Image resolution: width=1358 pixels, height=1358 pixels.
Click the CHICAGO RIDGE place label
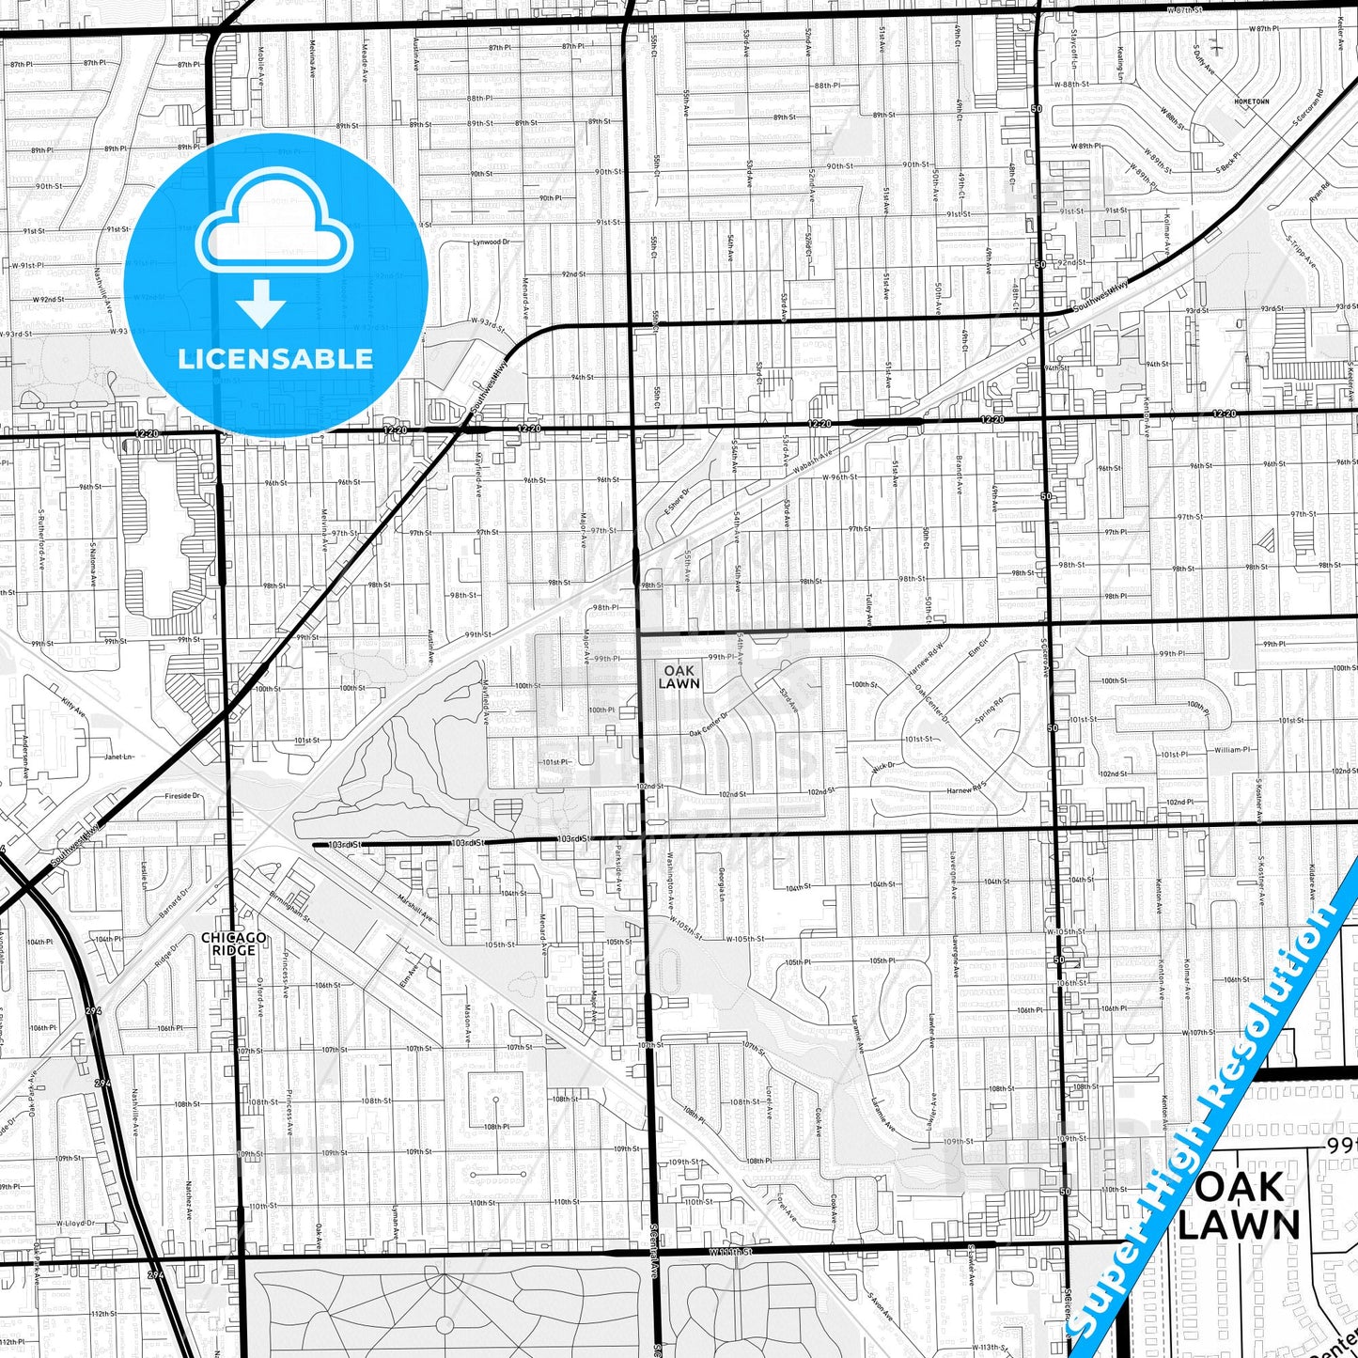click(x=234, y=944)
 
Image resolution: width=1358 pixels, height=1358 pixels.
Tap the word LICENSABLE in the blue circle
click(x=275, y=359)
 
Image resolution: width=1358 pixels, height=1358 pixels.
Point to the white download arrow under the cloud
click(x=261, y=304)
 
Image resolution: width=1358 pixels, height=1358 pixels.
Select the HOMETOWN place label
click(x=1251, y=101)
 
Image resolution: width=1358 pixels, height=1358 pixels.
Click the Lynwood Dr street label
click(x=491, y=242)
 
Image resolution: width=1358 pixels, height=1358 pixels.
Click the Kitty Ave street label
click(x=72, y=708)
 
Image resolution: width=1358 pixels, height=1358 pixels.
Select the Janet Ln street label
click(x=118, y=757)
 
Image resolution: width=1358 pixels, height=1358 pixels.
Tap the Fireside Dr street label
click(x=182, y=796)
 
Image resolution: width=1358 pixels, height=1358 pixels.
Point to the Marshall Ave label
click(x=414, y=907)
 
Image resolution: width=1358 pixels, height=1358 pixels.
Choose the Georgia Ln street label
click(x=722, y=884)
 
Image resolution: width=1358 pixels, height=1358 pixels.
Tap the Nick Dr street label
click(x=883, y=768)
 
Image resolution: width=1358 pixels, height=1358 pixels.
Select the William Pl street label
click(x=1231, y=750)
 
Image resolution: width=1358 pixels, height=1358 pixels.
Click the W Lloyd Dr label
click(x=75, y=1224)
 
